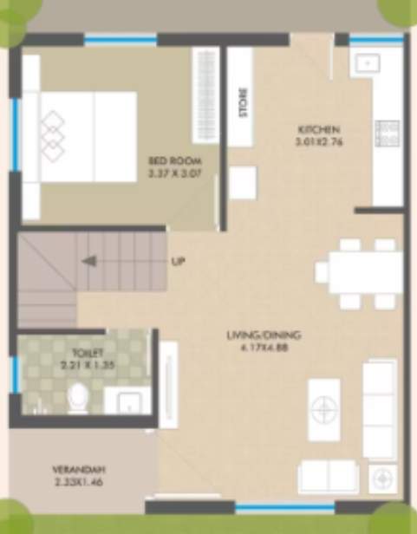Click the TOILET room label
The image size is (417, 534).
coord(89,354)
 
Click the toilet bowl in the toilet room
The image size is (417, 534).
coord(78,400)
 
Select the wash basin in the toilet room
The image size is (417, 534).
coord(127,401)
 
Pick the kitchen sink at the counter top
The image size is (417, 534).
coord(364,62)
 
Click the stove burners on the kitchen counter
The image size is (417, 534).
coord(385,133)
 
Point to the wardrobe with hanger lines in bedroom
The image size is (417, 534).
coord(205,90)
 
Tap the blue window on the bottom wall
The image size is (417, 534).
coord(273,508)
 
